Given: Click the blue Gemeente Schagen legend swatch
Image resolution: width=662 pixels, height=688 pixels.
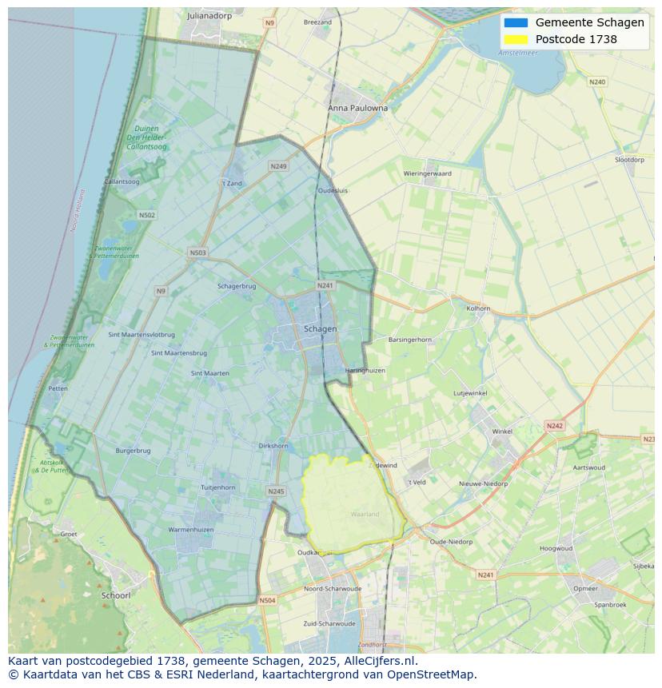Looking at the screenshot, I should (x=516, y=22).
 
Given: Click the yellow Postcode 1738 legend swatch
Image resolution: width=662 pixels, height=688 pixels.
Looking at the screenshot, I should (x=516, y=39).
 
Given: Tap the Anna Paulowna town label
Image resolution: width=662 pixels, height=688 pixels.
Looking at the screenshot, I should (x=357, y=108).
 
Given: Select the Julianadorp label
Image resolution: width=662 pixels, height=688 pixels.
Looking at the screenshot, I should (x=208, y=15).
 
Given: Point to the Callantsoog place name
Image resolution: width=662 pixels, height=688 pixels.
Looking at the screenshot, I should (x=122, y=182).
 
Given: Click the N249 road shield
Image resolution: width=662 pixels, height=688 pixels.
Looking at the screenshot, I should (x=278, y=166).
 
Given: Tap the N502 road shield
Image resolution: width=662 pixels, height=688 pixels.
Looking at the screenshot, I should (x=146, y=215).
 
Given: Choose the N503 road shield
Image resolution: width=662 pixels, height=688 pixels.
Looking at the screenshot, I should (x=197, y=253).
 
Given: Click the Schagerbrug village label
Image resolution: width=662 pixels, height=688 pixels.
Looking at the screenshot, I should (x=237, y=286).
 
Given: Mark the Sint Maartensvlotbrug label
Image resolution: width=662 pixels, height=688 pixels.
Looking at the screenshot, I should (x=142, y=335).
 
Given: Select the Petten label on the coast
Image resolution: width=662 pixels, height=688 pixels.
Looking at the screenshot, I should (x=58, y=388).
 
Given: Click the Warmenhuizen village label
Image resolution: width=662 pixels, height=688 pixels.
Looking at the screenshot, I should (x=190, y=530).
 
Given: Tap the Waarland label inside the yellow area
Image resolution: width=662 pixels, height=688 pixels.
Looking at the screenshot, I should (x=365, y=514).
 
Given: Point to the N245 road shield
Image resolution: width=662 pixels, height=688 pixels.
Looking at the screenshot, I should (x=276, y=491).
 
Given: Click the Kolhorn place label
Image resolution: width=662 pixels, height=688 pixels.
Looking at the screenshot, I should (x=478, y=308).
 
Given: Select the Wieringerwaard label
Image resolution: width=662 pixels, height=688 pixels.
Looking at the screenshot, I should (x=427, y=173).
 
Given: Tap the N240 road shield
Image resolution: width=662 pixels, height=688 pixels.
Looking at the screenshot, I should (x=597, y=82).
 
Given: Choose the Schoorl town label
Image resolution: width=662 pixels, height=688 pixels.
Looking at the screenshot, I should (x=116, y=595).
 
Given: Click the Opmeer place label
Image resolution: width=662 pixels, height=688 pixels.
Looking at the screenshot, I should (x=585, y=588).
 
